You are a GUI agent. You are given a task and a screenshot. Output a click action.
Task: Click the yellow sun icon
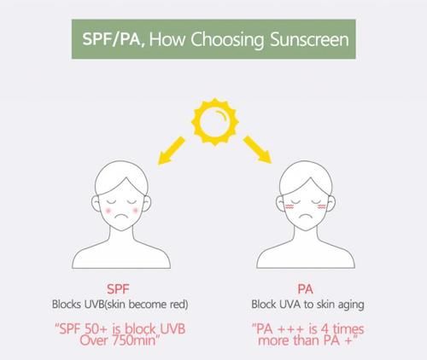coord(215,122)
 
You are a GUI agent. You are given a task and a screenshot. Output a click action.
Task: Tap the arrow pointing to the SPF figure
coord(172,150)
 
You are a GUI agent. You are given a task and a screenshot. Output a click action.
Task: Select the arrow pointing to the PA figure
coord(257,149)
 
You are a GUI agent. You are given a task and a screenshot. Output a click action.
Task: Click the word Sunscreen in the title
coord(309,39)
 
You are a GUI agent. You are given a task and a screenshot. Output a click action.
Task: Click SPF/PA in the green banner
coord(111,39)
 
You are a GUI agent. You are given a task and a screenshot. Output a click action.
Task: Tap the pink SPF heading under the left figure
coord(118,289)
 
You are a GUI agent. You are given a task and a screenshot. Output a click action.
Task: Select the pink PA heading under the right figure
coord(305,289)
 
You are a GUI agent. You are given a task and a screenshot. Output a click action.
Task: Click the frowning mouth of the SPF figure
coord(121,217)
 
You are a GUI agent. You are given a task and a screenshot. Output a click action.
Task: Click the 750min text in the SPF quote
coord(134,340)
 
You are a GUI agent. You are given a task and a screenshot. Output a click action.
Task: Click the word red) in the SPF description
coord(179,305)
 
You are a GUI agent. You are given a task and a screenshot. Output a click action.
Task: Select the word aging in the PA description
coord(351,305)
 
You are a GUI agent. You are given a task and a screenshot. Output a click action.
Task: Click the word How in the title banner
coord(167,39)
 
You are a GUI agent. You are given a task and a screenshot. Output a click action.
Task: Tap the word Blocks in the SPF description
coord(67,305)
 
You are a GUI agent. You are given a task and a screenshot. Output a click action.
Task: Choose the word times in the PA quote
coord(348,329)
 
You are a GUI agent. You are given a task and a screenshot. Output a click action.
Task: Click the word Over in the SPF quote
coord(94,340)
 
